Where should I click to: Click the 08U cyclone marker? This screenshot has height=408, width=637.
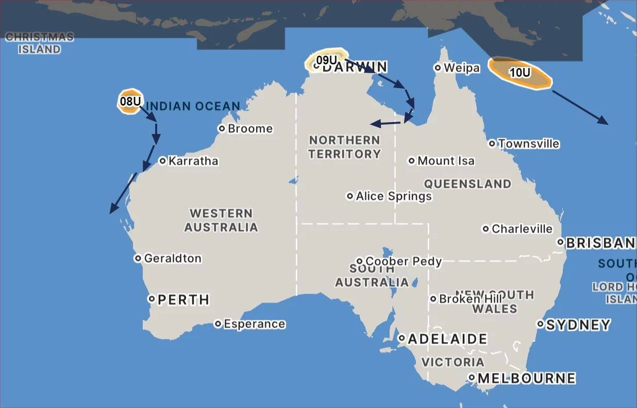click(x=130, y=101)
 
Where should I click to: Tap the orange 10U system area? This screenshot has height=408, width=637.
click(x=519, y=73)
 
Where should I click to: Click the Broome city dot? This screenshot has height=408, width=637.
click(x=222, y=128)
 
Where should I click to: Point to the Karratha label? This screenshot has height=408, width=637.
click(x=193, y=161)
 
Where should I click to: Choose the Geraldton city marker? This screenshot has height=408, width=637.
click(x=138, y=258)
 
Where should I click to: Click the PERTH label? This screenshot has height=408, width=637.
click(x=183, y=299)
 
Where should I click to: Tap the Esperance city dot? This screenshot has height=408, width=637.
click(x=218, y=324)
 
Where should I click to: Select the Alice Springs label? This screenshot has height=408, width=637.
click(x=394, y=196)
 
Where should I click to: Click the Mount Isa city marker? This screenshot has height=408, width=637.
click(x=412, y=161)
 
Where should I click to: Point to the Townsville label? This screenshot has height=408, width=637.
click(x=528, y=144)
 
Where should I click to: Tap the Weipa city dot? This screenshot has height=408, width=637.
click(x=438, y=67)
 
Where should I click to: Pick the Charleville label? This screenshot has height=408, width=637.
click(x=522, y=229)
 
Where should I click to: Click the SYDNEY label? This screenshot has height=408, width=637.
click(x=578, y=325)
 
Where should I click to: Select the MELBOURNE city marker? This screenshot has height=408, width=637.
click(x=472, y=378)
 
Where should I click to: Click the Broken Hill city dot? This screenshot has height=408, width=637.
click(x=433, y=299)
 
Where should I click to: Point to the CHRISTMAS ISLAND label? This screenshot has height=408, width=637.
click(x=40, y=43)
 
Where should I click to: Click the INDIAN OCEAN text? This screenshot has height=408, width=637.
click(x=193, y=107)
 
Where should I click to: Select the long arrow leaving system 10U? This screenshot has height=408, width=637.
click(x=580, y=107)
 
